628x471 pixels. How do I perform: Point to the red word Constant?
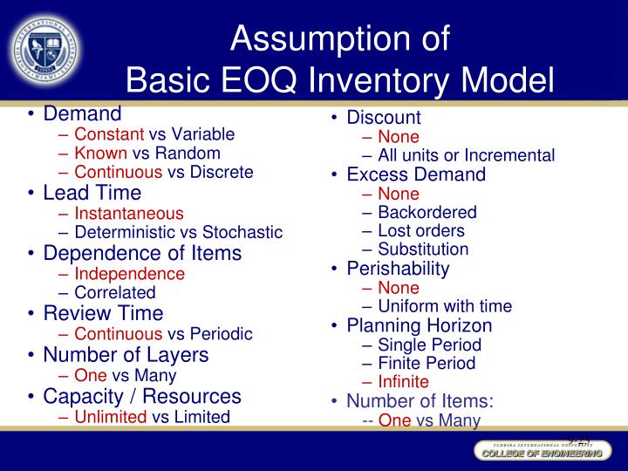109,134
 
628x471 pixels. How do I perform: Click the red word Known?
100,154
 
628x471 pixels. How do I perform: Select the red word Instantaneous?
129,213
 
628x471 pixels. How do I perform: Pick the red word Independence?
129,274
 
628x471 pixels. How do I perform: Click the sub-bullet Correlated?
115,293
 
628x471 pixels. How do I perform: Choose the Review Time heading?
103,312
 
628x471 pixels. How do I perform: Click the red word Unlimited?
111,417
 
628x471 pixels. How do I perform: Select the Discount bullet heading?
384,117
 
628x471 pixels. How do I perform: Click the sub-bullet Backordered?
427,212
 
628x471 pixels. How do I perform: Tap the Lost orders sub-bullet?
421,231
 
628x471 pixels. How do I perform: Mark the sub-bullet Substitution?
423,249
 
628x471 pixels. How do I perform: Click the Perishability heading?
398,269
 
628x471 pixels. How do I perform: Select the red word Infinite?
403,382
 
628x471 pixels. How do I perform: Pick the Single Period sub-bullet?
429,345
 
